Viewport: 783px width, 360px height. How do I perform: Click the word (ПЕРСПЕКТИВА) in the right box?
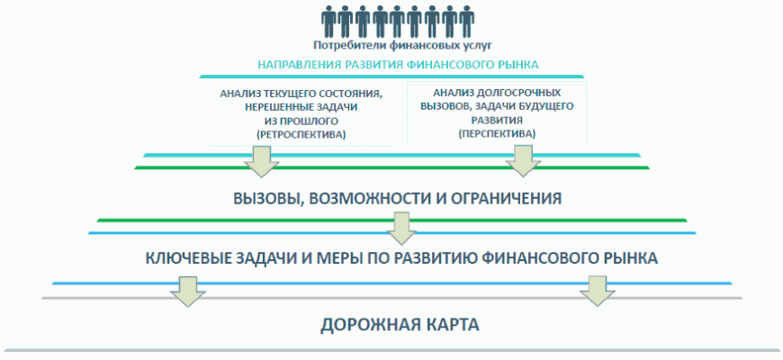497,133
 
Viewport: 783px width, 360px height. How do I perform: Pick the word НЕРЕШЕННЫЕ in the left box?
269,107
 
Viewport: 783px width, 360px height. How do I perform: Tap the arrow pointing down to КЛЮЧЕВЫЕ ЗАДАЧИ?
399,228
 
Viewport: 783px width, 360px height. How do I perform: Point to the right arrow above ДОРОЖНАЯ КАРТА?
596,291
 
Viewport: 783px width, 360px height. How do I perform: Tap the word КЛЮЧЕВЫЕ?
191,258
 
